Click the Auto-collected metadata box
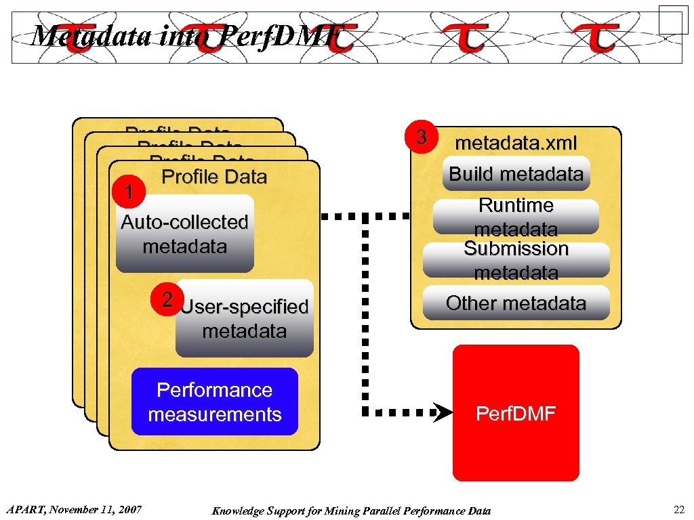[184, 234]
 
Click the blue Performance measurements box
[214, 402]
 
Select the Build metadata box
[516, 174]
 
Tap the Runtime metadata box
[516, 215]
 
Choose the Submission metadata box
[516, 260]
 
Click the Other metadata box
[516, 303]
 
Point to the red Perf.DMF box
[516, 413]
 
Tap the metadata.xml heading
[516, 144]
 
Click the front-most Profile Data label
[214, 177]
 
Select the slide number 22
[678, 510]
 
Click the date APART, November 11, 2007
[73, 509]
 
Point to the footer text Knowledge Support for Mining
[351, 511]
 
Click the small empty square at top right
[673, 20]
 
